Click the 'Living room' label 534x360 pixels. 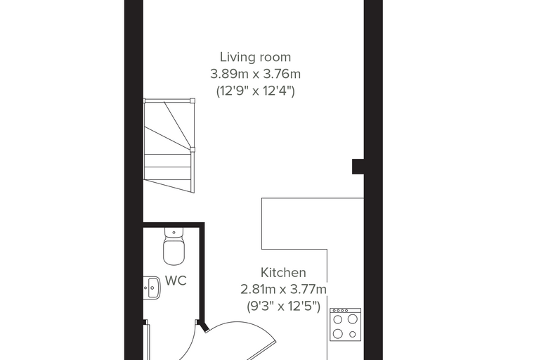pos(256,57)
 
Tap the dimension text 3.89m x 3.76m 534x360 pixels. pos(256,74)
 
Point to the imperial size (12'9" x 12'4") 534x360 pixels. pos(256,91)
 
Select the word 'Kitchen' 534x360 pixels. pos(283,273)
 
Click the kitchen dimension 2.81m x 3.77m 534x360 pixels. pos(283,290)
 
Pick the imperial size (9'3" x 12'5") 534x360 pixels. pos(283,307)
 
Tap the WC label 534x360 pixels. pos(176,281)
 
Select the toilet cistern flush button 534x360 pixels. pos(174,233)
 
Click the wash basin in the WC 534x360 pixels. pos(152,288)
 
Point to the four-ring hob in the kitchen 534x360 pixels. pos(345,324)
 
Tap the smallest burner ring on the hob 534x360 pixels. pos(353,335)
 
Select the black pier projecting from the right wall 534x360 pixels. pos(358,167)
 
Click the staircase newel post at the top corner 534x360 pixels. pos(193,101)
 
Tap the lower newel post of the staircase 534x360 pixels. pos(193,149)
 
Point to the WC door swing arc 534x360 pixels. pos(190,345)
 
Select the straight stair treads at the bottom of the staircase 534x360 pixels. pos(169,173)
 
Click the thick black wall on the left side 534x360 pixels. pos(133,180)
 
